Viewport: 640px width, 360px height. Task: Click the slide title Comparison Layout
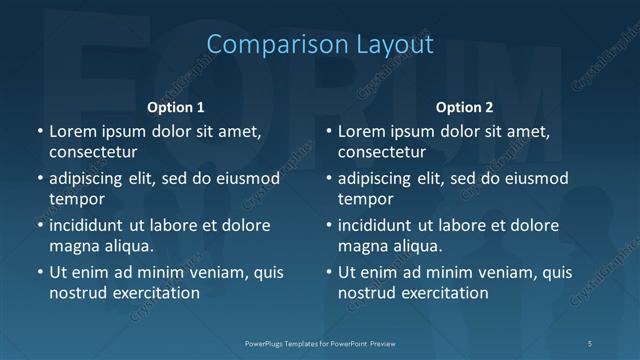pos(320,45)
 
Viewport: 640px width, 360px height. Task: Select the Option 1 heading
pos(176,107)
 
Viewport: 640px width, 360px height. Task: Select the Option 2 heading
pos(465,107)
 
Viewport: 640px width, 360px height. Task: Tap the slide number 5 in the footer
pos(590,343)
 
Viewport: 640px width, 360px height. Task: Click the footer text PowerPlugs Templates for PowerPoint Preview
pos(320,343)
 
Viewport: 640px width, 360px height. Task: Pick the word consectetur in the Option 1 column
pos(93,152)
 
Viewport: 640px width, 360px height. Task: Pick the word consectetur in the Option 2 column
pos(382,152)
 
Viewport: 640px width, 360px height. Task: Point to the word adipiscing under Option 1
pos(93,178)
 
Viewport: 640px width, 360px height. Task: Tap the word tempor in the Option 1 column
pos(72,199)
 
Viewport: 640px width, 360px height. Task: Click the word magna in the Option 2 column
pos(361,246)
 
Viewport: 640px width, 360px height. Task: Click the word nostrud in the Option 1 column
pos(76,293)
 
